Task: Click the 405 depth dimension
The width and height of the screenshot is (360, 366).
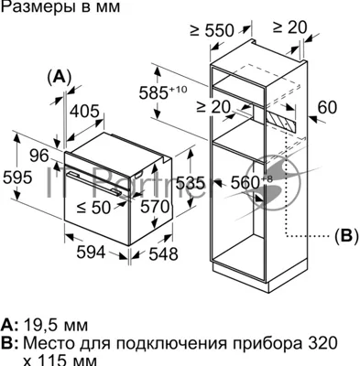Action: pos(85,112)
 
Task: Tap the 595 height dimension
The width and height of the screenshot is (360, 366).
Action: pos(17,178)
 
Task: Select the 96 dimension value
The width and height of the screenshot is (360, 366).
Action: pos(39,156)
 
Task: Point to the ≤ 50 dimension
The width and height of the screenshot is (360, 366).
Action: pos(93,208)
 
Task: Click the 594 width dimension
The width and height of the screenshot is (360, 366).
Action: pos(91,253)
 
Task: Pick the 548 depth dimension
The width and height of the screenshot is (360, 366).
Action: pos(163,254)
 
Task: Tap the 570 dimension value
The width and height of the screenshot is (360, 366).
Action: pos(155,207)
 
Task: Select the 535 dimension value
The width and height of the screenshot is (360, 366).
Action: pos(191,184)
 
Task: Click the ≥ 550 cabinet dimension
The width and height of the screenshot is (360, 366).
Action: pos(212,30)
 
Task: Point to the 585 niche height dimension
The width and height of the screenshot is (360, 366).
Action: pos(162,92)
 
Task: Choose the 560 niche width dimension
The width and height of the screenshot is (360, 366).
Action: pos(251,182)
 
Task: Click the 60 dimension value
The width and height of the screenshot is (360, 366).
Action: pos(327,107)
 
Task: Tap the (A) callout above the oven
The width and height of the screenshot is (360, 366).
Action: pos(60,77)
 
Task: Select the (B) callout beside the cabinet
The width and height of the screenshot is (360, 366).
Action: pos(346,236)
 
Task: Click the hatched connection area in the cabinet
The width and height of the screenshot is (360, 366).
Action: pos(281,121)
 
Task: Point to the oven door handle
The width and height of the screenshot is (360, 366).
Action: pos(94,183)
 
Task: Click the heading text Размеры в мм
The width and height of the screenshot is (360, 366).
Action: pos(60,7)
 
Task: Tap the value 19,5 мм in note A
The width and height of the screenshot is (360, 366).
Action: pos(56,325)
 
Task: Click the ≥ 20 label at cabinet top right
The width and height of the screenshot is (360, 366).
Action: pos(289,27)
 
